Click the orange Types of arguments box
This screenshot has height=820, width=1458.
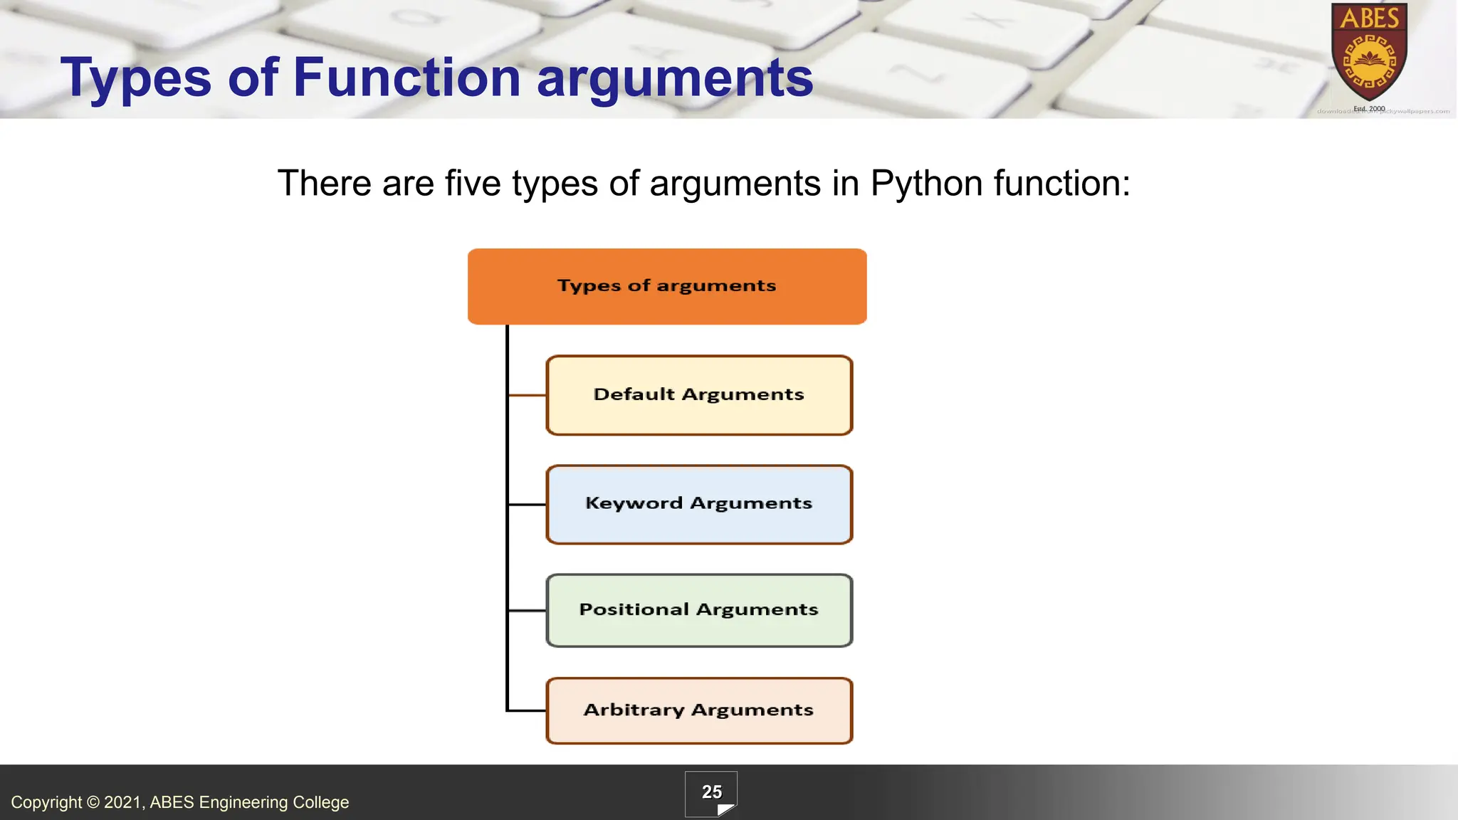pos(667,286)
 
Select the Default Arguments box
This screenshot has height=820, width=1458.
pos(699,395)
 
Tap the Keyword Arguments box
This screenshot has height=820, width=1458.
pos(699,504)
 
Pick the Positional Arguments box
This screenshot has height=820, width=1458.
pos(699,610)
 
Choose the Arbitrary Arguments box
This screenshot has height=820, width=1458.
pos(699,710)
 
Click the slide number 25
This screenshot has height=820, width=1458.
pos(711,792)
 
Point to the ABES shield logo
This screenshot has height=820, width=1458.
pos(1369,53)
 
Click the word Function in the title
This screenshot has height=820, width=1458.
pos(407,78)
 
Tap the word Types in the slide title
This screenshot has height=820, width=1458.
pos(136,78)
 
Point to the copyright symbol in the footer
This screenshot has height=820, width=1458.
pos(93,803)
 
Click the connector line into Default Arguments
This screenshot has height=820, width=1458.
pos(527,395)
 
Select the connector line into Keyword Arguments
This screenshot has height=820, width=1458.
pos(527,504)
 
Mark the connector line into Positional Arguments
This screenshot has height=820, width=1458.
pos(527,610)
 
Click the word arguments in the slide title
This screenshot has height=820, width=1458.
pos(674,78)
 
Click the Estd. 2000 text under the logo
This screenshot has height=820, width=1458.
pos(1369,109)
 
